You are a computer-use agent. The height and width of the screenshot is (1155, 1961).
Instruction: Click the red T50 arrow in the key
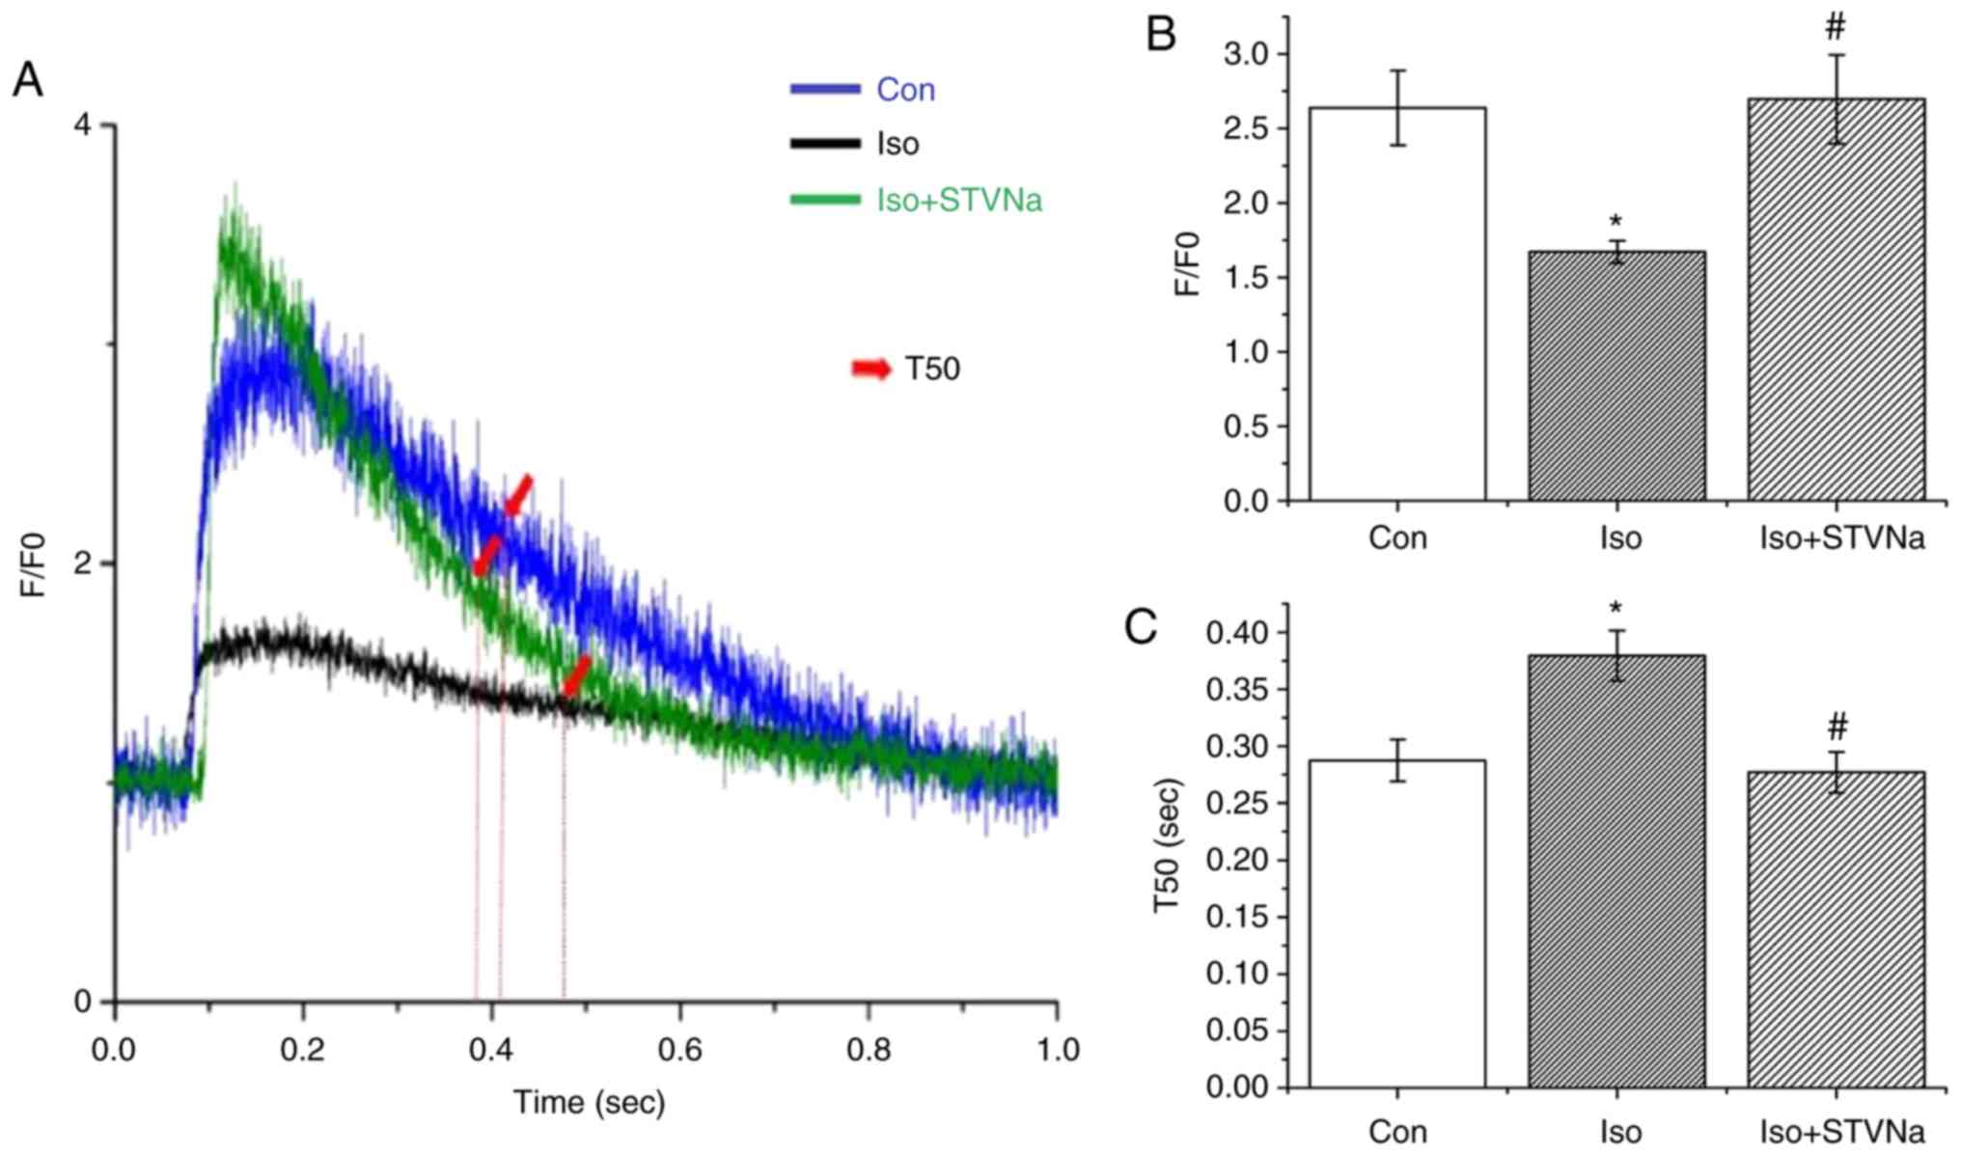871,369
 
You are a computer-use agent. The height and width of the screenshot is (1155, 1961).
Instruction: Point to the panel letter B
1161,35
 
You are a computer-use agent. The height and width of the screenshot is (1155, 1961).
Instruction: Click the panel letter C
1141,627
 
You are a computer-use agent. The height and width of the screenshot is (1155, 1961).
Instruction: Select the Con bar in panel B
1396,304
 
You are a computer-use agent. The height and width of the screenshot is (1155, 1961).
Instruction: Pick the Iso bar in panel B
1616,376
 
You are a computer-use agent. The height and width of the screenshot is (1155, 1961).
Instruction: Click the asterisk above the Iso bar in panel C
1616,609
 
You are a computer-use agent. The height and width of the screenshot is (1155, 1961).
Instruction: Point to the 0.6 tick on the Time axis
680,1049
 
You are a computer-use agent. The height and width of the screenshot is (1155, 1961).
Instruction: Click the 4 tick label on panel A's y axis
83,124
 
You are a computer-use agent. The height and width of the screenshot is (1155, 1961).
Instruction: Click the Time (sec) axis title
589,1102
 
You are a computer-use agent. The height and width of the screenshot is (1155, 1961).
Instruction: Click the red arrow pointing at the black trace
576,675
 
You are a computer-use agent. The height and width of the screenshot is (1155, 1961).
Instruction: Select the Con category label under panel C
1396,1131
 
